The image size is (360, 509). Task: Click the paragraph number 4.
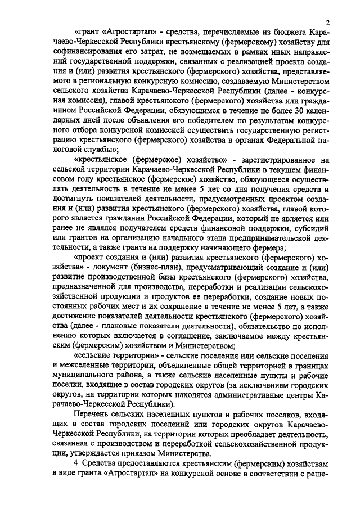click(77, 471)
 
